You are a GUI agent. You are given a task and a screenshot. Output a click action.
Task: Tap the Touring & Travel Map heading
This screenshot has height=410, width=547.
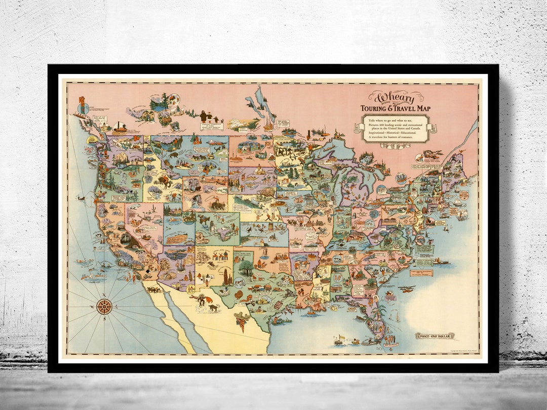(x=394, y=108)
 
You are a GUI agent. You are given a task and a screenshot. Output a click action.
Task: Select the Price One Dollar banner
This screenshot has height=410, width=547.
(x=435, y=336)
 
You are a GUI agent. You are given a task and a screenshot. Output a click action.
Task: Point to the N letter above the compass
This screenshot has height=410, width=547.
(x=104, y=295)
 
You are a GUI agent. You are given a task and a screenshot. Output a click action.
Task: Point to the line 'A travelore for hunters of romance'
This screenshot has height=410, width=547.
(x=395, y=137)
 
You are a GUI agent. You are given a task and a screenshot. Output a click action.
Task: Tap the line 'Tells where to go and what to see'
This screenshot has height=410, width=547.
(x=395, y=119)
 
